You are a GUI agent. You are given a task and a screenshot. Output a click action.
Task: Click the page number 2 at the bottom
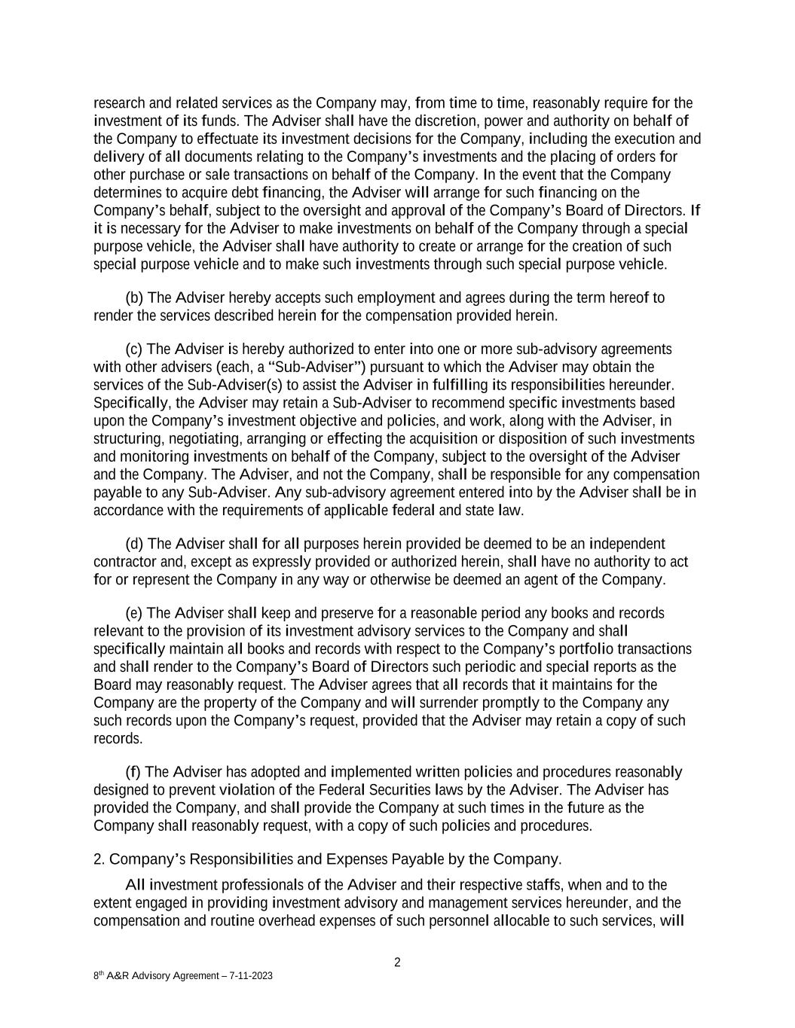tap(397, 962)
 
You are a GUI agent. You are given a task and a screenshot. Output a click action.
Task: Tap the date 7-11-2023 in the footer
tap(248, 976)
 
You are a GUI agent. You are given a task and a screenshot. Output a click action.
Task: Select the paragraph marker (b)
tap(134, 297)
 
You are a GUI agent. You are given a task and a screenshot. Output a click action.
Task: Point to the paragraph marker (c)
tap(134, 349)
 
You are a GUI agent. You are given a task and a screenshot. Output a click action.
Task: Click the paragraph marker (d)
tap(134, 544)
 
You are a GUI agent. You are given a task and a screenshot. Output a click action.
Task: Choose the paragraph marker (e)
tap(134, 613)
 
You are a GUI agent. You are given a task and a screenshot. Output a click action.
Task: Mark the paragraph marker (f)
tap(133, 772)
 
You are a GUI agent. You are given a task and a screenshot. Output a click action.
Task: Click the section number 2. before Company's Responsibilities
tap(99, 859)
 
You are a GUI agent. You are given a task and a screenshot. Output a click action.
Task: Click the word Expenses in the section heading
tap(359, 859)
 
